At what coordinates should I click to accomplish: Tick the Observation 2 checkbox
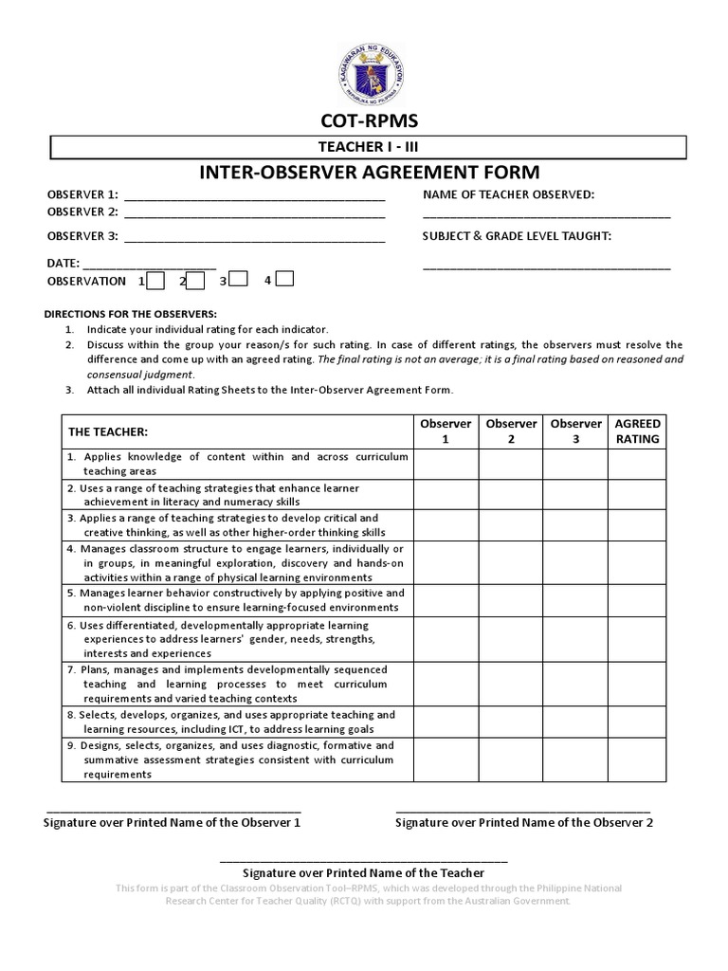tap(196, 280)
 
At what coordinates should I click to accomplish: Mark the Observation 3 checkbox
tap(239, 279)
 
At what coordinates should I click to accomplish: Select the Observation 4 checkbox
tap(284, 279)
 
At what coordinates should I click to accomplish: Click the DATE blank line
tap(150, 266)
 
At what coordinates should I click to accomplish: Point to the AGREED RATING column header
tap(637, 431)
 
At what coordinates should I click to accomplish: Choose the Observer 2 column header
tap(511, 431)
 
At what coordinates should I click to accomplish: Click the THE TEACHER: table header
tap(108, 432)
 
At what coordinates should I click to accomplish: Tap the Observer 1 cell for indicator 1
tap(446, 464)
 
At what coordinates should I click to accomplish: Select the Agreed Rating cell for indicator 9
tap(637, 760)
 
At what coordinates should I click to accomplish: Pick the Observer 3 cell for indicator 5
tap(575, 600)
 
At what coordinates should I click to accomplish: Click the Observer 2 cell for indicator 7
tap(511, 683)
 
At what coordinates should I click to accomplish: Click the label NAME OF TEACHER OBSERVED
tap(508, 195)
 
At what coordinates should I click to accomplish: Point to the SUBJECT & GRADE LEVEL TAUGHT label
tap(517, 236)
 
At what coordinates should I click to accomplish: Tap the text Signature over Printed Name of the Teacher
tap(364, 872)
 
